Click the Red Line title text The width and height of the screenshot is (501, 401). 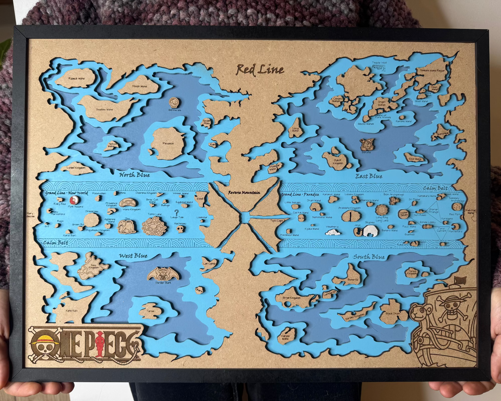(260, 70)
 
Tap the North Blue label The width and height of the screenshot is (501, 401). (135, 175)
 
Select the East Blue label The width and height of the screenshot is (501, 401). (369, 176)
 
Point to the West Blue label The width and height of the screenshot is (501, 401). (133, 256)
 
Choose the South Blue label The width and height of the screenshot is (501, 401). (369, 257)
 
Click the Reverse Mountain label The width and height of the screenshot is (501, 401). (244, 193)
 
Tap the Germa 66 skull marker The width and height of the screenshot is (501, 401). (174, 102)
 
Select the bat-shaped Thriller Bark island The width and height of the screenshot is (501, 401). (163, 274)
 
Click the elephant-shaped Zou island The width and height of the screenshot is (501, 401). (127, 227)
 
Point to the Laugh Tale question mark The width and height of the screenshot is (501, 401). (177, 212)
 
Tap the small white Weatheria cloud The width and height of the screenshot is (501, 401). (332, 232)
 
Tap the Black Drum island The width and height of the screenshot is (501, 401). (393, 312)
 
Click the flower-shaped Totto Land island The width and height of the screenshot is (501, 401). (154, 226)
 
